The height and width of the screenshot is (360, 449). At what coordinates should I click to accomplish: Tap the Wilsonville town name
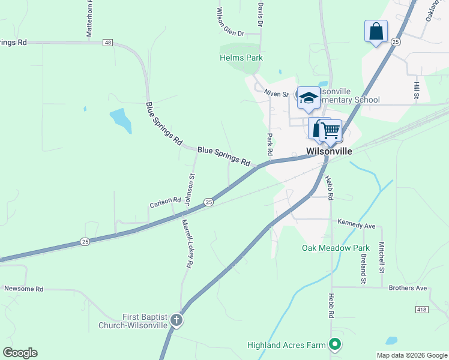[x=329, y=151]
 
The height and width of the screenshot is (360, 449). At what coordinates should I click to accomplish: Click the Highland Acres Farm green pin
[x=336, y=344]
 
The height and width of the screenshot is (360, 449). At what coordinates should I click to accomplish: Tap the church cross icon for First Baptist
[x=176, y=320]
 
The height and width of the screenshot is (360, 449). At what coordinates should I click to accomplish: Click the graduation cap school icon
[x=309, y=98]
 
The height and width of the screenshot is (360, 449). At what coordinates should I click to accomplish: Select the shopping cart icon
[x=330, y=130]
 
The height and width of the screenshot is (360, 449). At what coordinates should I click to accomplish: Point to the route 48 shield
[x=107, y=43]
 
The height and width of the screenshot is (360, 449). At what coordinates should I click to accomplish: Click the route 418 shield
[x=422, y=308]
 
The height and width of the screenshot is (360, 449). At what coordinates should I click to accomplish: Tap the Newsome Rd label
[x=24, y=289]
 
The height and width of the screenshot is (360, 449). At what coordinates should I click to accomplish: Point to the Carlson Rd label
[x=165, y=203]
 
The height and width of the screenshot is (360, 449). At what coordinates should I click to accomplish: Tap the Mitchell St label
[x=381, y=257]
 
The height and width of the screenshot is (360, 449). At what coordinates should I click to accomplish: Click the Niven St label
[x=277, y=94]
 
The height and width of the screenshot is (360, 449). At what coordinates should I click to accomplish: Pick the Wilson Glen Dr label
[x=229, y=23]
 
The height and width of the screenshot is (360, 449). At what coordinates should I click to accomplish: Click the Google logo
[x=20, y=353]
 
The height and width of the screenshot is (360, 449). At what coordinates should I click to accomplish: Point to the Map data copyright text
[x=411, y=355]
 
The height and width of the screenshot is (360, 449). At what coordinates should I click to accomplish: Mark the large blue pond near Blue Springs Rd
[x=121, y=120]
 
